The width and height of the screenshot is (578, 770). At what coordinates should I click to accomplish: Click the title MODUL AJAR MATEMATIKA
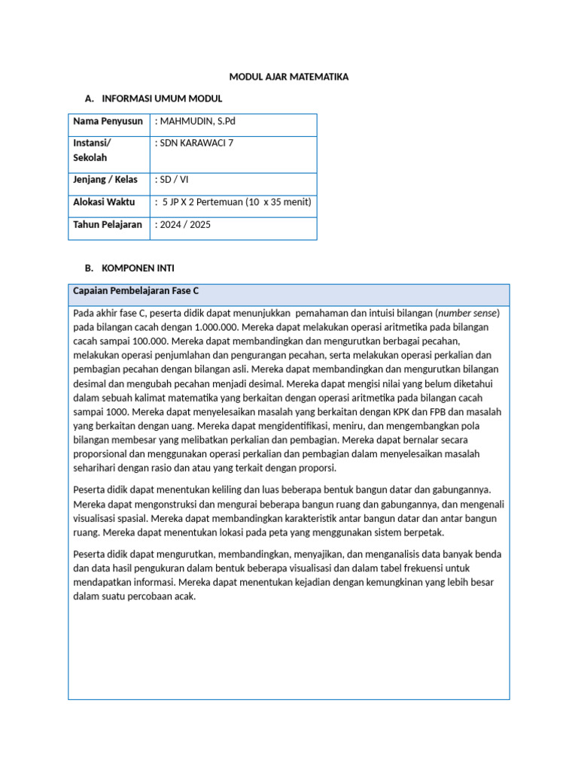tap(289, 77)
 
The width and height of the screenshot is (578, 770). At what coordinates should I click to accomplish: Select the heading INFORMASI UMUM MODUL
tap(162, 99)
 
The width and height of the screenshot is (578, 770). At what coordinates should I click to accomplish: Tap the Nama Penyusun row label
tap(108, 121)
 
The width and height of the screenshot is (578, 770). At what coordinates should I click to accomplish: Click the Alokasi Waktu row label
tap(104, 202)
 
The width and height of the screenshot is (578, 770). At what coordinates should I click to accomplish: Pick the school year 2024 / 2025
tap(183, 224)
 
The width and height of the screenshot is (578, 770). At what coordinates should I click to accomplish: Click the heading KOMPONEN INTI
tap(138, 268)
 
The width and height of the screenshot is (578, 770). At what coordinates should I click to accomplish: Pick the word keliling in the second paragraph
tap(233, 490)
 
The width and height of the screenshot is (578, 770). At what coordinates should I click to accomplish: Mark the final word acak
tap(184, 596)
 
